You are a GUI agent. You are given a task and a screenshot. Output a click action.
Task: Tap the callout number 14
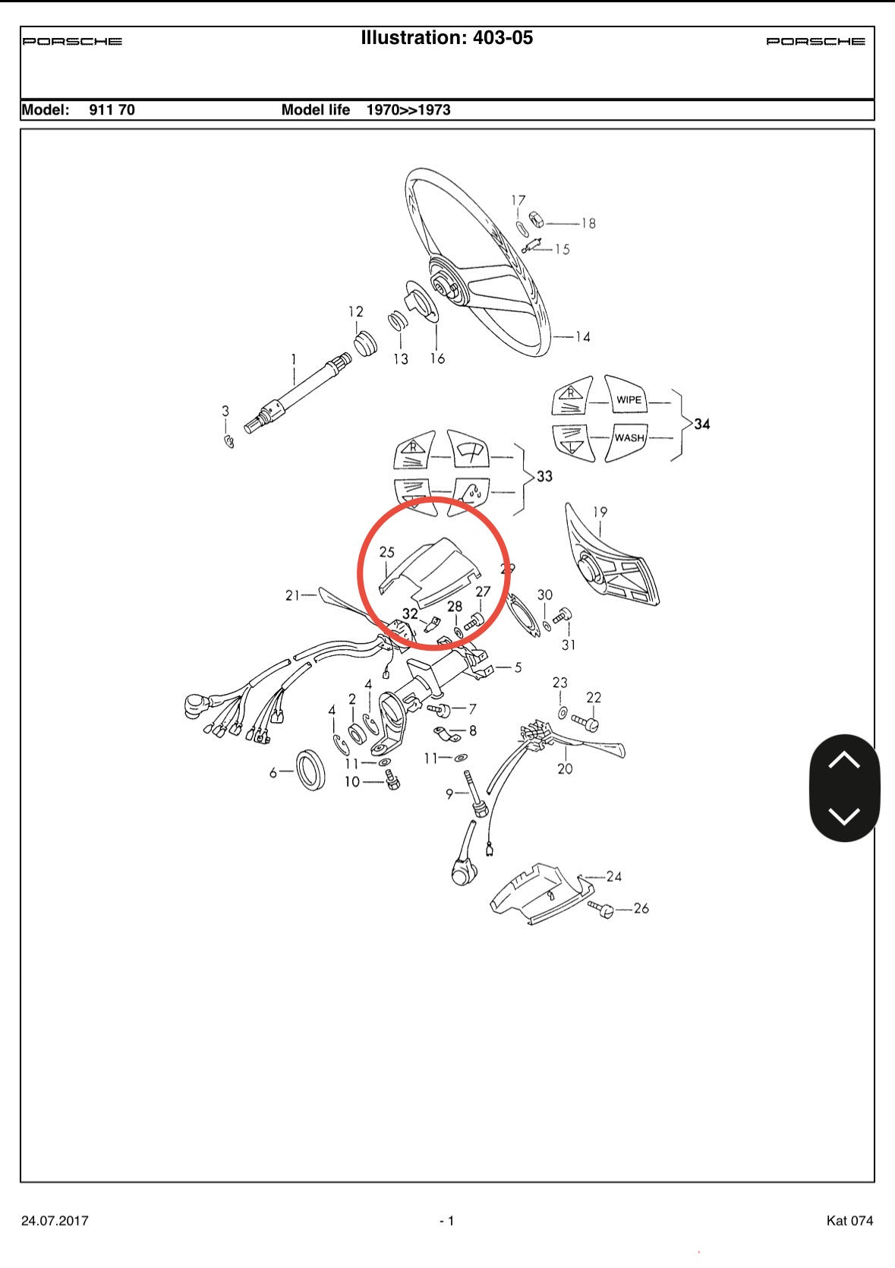coord(582,337)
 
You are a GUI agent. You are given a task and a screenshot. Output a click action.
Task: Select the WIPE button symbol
coord(629,395)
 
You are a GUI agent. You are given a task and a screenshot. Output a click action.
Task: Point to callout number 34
coord(702,424)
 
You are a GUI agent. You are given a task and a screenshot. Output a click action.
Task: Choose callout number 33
coord(544,476)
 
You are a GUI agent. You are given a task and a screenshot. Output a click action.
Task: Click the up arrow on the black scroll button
coord(844,760)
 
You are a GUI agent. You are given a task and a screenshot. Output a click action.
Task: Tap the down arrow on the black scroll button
coord(844,815)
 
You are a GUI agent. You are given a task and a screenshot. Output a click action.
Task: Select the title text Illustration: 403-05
coord(446,38)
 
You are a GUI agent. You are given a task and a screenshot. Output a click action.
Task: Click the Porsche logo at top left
coord(72,41)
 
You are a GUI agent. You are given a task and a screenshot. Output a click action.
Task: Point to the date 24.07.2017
coord(55,1220)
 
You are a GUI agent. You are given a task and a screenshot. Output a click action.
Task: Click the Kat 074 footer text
coord(849,1220)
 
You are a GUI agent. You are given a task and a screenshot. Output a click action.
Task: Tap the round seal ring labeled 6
coord(310,770)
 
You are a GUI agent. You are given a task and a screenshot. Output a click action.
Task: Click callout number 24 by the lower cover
coord(614,877)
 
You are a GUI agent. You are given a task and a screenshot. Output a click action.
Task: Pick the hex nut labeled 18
coord(536,219)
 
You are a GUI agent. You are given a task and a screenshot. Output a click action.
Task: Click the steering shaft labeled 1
coord(298,393)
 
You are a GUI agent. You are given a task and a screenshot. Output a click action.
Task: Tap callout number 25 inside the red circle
coord(386,552)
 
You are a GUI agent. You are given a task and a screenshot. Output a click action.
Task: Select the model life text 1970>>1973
coord(408,110)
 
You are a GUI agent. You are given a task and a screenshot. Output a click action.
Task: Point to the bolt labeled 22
coord(585,722)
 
